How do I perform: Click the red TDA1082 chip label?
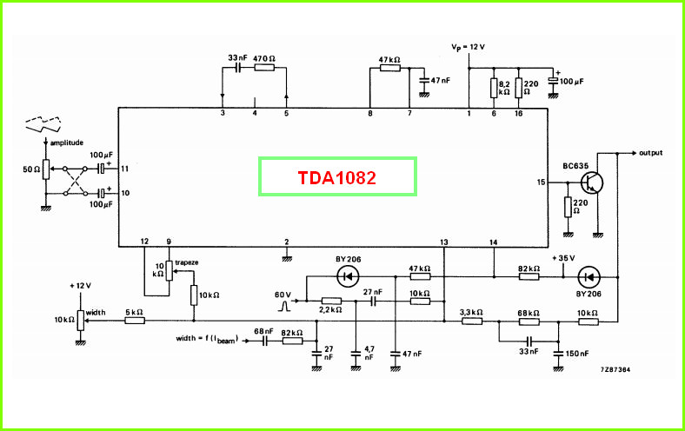[336, 178]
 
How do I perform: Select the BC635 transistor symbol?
[592, 182]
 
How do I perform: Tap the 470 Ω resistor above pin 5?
[264, 68]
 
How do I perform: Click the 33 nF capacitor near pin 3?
[237, 68]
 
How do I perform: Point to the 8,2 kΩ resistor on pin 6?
[494, 88]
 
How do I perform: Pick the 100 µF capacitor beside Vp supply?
[553, 81]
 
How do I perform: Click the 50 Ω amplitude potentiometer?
[46, 169]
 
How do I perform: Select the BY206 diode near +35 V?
[588, 277]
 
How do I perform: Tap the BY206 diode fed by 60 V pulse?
[349, 276]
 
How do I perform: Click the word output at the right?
[650, 153]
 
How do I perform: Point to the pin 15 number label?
[541, 182]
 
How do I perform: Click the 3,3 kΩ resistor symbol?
[472, 321]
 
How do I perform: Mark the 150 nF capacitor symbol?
[558, 354]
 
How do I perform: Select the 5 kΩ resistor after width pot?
[135, 321]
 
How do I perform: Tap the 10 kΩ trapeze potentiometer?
[169, 271]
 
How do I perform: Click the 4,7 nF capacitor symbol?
[356, 354]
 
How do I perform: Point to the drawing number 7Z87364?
[615, 369]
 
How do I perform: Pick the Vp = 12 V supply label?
[468, 47]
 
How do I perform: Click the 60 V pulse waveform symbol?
[284, 306]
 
